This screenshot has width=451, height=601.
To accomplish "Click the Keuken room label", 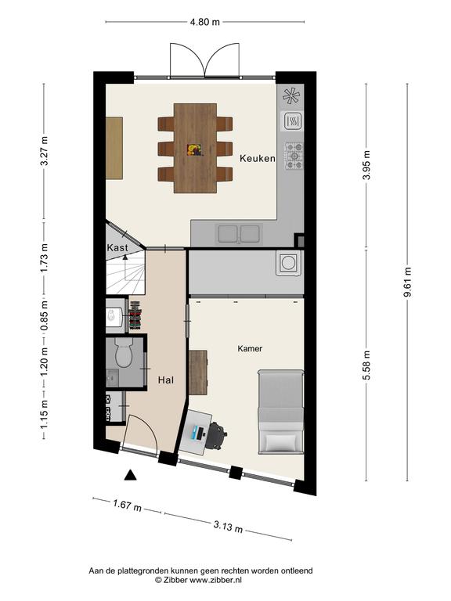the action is (x=258, y=158).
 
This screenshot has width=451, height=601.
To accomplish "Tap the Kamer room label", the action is (x=250, y=348).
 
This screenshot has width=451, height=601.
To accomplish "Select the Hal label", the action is (x=166, y=380).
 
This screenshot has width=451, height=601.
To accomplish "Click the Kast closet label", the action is (x=117, y=247).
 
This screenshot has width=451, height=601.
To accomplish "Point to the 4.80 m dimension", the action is (x=205, y=22).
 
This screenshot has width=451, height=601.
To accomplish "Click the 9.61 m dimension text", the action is (x=407, y=282).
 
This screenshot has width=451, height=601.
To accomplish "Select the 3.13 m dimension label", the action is (x=228, y=526).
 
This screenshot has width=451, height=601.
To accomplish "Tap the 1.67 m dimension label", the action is (x=127, y=506).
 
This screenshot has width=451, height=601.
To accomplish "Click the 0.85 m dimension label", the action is (x=45, y=316).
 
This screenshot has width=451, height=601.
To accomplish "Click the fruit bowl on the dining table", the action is (x=194, y=149).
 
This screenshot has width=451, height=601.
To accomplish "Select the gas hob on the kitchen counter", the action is (x=294, y=156).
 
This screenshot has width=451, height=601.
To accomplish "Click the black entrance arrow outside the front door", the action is (x=131, y=475).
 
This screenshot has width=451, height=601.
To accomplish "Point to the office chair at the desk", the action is (x=218, y=435).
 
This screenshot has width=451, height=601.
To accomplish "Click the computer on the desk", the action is (x=198, y=433).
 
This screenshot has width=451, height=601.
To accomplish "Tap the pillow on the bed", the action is (x=282, y=442).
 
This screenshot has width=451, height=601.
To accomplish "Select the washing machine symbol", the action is (x=288, y=263).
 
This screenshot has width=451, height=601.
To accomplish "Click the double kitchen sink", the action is (x=239, y=234).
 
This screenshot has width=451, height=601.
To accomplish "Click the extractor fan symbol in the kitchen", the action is (x=291, y=95).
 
